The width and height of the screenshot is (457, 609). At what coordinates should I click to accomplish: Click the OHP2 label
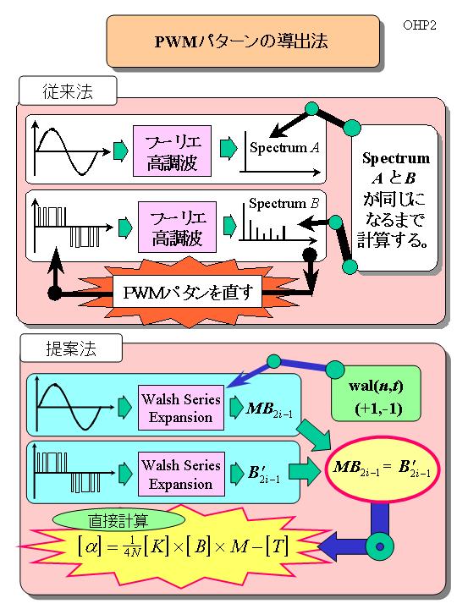(420, 25)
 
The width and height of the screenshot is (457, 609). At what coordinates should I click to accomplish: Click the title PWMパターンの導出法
(241, 41)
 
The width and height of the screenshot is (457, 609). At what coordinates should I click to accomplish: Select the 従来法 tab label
(68, 91)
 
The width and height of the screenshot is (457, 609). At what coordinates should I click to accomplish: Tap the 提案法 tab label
(71, 348)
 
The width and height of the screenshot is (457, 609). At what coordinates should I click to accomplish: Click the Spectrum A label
(284, 147)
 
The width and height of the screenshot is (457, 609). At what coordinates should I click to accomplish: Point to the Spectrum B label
(284, 203)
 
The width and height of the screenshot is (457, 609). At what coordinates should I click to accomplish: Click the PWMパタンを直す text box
(188, 292)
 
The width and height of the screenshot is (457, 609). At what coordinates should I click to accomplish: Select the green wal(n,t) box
(376, 393)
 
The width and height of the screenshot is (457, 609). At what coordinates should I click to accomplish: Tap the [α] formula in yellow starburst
(183, 547)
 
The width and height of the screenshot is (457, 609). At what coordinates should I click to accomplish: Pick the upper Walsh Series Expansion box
(181, 408)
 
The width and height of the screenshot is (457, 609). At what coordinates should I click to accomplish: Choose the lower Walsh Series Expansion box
(181, 474)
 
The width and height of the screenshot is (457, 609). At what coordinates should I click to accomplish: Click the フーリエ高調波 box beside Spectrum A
(172, 151)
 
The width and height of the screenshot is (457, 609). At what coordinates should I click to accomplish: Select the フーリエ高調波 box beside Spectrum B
(177, 227)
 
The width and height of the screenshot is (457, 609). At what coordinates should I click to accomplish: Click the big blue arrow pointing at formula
(346, 546)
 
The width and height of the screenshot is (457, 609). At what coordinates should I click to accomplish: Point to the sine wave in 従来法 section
(67, 151)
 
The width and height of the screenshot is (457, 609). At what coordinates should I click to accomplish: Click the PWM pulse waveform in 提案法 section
(69, 472)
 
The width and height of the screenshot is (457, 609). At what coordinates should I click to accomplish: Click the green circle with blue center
(380, 547)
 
